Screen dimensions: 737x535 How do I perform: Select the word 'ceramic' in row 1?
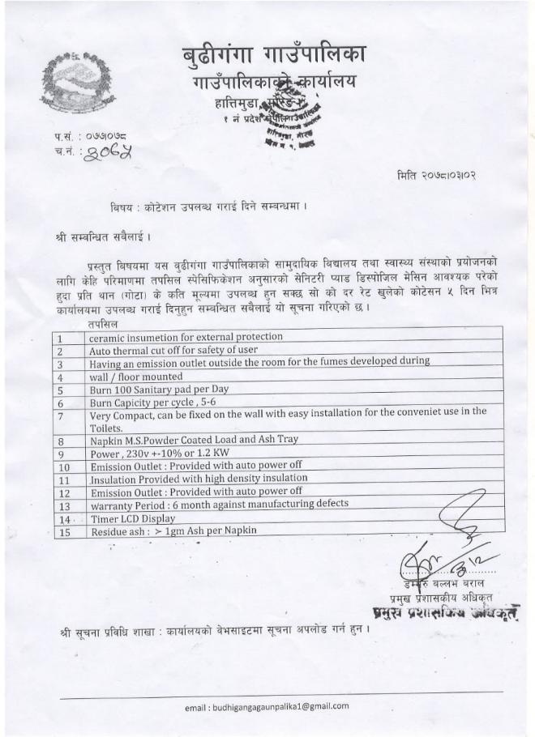point(109,336)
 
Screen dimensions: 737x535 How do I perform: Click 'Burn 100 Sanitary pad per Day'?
point(159,389)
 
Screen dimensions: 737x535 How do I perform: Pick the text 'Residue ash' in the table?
point(120,531)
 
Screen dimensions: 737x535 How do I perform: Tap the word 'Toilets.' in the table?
point(106,428)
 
